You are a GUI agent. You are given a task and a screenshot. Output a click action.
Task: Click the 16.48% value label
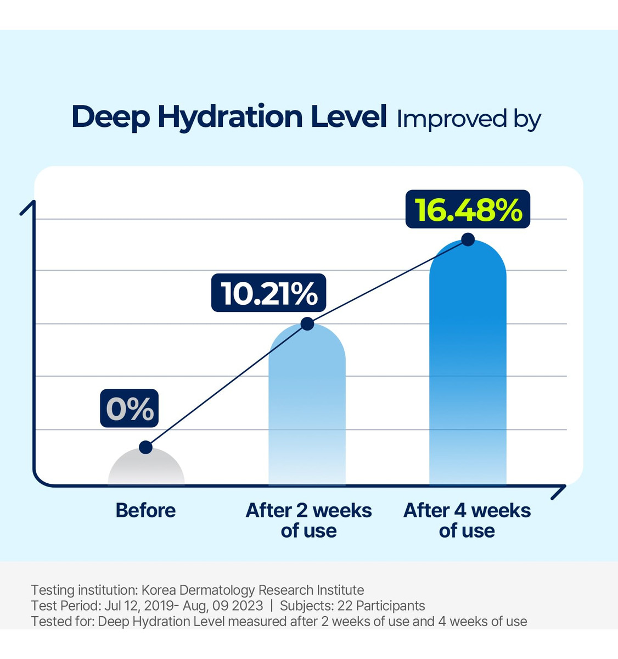[468, 209]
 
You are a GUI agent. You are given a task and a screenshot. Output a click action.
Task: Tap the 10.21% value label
[269, 293]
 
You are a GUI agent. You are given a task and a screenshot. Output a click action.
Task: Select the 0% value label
[130, 409]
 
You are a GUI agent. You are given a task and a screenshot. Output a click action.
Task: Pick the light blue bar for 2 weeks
[307, 406]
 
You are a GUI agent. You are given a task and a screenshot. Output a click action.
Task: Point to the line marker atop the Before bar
[145, 447]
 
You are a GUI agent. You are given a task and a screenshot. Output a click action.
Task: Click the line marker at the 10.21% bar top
[307, 324]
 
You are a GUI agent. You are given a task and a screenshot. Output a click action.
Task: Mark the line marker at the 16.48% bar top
[468, 239]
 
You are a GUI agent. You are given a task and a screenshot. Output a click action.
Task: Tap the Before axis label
[145, 511]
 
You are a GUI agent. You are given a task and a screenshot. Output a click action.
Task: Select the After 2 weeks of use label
[308, 520]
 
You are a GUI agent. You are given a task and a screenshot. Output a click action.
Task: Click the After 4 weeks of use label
[467, 520]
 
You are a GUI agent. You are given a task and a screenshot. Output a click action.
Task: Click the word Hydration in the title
[229, 117]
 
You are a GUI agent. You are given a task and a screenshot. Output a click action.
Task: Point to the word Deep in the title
[110, 117]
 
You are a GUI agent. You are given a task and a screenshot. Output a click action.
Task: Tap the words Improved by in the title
[469, 119]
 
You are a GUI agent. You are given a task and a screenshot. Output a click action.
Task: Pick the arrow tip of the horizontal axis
[564, 487]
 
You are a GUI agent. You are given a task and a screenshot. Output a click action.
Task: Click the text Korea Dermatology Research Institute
[252, 590]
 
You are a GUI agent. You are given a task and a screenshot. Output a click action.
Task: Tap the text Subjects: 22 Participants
[352, 606]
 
